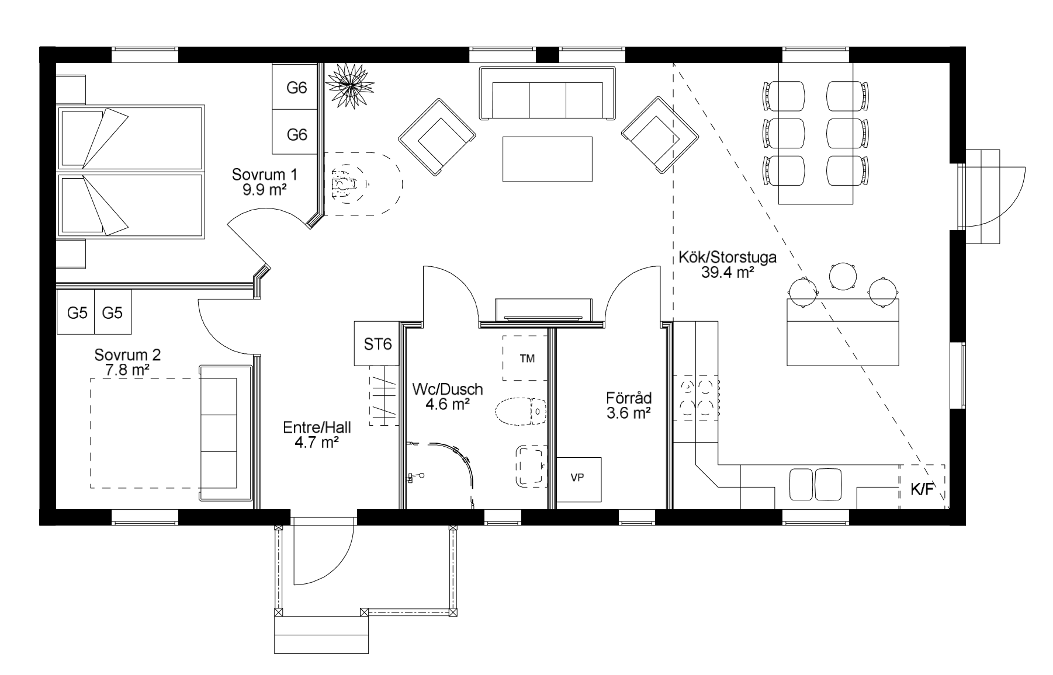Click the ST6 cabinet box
(377, 344)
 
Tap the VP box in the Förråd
(579, 479)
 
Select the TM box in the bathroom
(526, 359)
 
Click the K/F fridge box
(922, 488)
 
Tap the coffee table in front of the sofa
(548, 159)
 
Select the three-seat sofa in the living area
(547, 93)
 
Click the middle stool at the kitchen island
(842, 276)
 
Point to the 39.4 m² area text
(728, 272)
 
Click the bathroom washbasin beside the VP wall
(531, 466)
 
